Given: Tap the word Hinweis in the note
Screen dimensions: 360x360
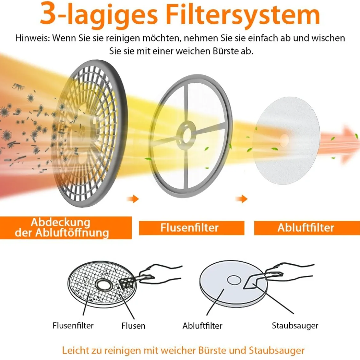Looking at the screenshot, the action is (32, 38).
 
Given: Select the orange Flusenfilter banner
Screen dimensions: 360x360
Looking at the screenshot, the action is (191, 228).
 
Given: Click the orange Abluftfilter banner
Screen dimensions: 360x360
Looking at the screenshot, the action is (307, 228).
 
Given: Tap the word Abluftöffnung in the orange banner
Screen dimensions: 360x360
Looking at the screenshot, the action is (72, 233).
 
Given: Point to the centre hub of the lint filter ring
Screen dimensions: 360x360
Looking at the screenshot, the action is (186, 134).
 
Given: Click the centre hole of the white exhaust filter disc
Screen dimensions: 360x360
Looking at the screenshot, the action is (284, 140).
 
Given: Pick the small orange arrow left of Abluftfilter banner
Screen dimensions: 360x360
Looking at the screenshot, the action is (242, 199).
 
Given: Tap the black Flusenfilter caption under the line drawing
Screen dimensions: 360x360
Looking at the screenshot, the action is (73, 326).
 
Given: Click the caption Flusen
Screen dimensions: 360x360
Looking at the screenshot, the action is (134, 326).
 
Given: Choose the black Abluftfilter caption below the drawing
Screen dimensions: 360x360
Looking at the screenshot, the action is (202, 326).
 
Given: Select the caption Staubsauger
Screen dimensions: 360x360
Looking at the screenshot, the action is (295, 326).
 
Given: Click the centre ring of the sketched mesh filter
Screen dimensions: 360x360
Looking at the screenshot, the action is (104, 285).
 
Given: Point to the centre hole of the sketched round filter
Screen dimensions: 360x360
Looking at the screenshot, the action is (234, 280).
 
